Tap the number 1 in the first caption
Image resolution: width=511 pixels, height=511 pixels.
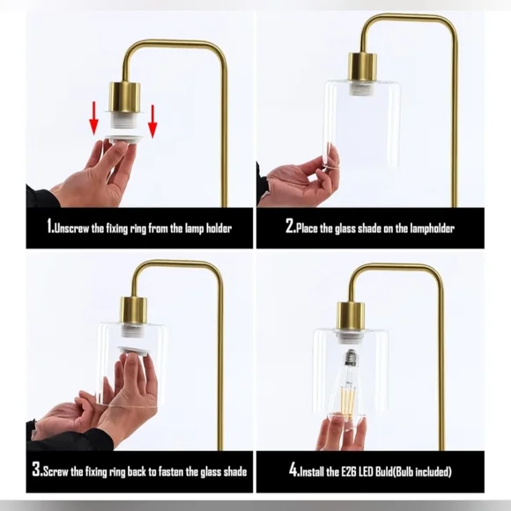50,227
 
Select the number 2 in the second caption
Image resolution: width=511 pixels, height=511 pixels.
290,227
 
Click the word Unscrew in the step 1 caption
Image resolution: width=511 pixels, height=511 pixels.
75,228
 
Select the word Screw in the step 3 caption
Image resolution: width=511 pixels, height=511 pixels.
58,470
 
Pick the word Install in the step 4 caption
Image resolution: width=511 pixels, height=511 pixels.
317,470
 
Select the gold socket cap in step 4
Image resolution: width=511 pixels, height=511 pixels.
351,315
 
